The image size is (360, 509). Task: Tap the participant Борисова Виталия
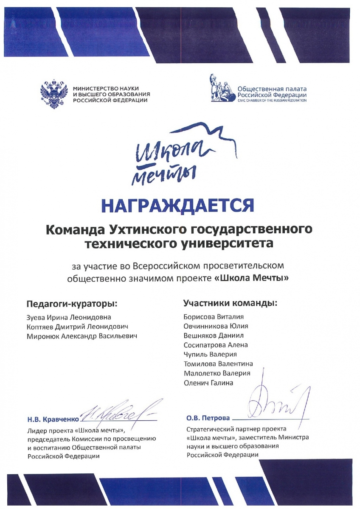tap(214, 317)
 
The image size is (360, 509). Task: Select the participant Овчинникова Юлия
tap(216, 326)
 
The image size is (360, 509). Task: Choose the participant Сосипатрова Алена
tap(216, 345)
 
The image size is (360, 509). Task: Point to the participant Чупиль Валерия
tap(210, 354)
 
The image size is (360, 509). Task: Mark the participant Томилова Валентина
tap(218, 364)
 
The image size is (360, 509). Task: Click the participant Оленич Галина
tap(208, 383)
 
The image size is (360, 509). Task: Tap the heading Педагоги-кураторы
tap(71, 304)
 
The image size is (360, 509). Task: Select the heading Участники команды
tap(230, 303)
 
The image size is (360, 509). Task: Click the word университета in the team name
tap(231, 244)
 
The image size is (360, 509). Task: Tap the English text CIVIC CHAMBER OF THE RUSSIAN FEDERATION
tap(272, 101)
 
